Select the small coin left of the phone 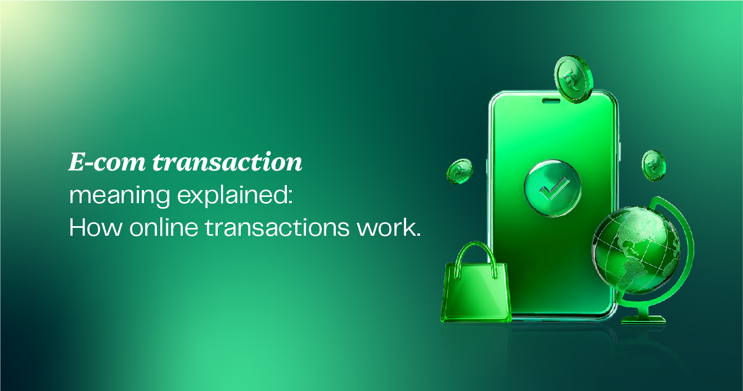[x=459, y=171]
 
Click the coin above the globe [x=653, y=165]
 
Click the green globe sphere [x=635, y=248]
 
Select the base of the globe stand [x=643, y=319]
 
